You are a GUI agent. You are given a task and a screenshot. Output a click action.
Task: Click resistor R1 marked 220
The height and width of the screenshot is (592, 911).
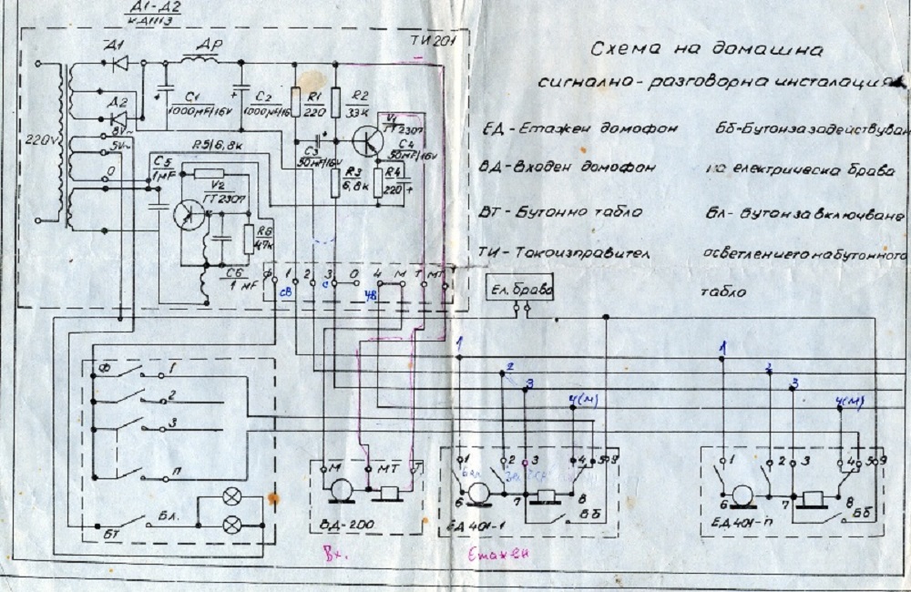(296, 98)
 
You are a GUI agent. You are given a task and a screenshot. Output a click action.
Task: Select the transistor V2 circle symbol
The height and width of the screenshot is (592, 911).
(191, 211)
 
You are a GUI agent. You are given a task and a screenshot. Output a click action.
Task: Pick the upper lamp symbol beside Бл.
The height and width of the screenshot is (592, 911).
(233, 498)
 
